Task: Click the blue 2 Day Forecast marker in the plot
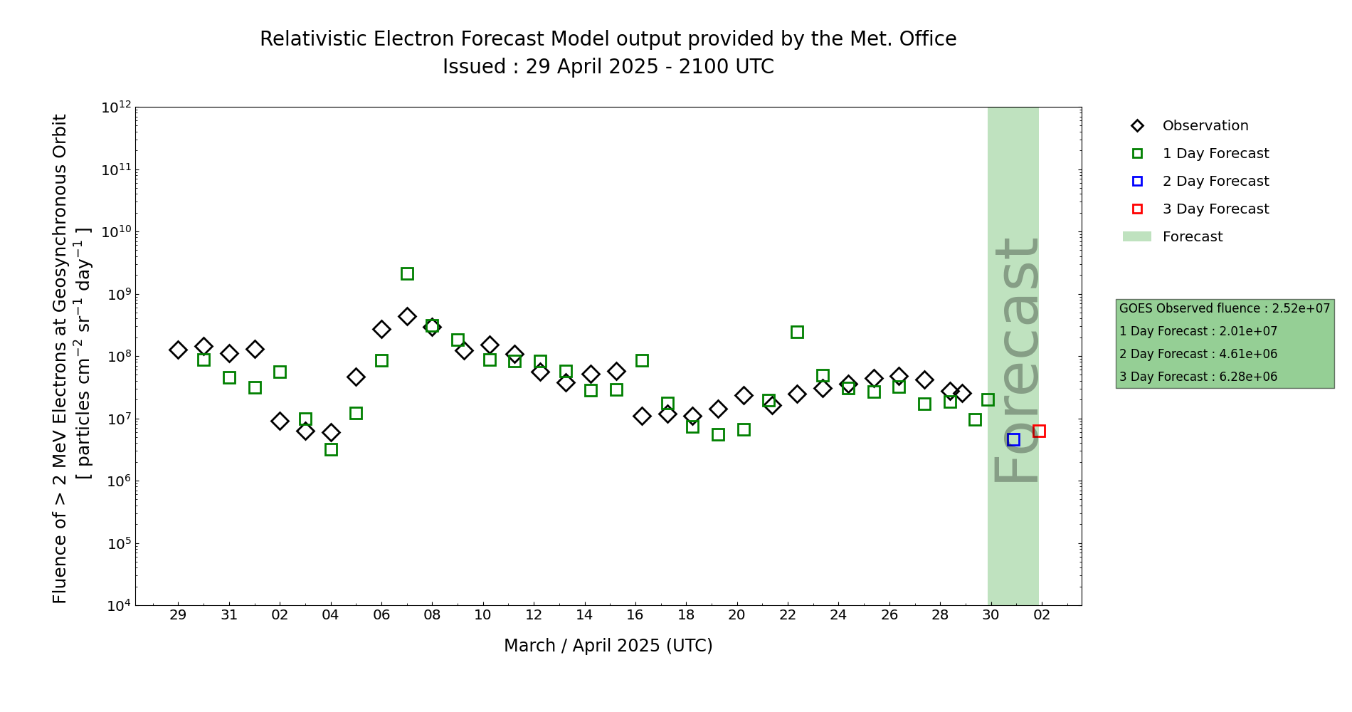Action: click(x=1013, y=440)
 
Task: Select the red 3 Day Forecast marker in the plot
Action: click(x=1039, y=431)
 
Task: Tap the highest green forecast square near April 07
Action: click(x=407, y=273)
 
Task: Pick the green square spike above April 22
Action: click(x=797, y=332)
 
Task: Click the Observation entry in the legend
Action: click(x=1205, y=126)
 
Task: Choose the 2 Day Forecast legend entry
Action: click(x=1215, y=182)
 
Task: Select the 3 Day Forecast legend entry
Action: click(x=1215, y=209)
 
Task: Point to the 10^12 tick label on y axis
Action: click(x=116, y=108)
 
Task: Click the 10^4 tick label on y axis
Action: click(x=116, y=606)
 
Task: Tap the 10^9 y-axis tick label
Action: click(x=116, y=295)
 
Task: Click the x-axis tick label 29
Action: click(x=178, y=615)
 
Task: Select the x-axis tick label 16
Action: click(x=635, y=615)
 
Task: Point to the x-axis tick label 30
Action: click(x=991, y=615)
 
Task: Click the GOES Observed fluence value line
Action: click(x=1224, y=308)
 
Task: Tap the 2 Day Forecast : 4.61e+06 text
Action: click(x=1198, y=354)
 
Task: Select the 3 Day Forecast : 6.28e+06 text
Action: click(x=1198, y=377)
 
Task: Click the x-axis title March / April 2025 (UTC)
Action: click(x=608, y=646)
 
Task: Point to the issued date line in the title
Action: click(x=608, y=67)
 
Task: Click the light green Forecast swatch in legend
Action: click(x=1136, y=237)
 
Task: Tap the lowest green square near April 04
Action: click(x=331, y=449)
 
